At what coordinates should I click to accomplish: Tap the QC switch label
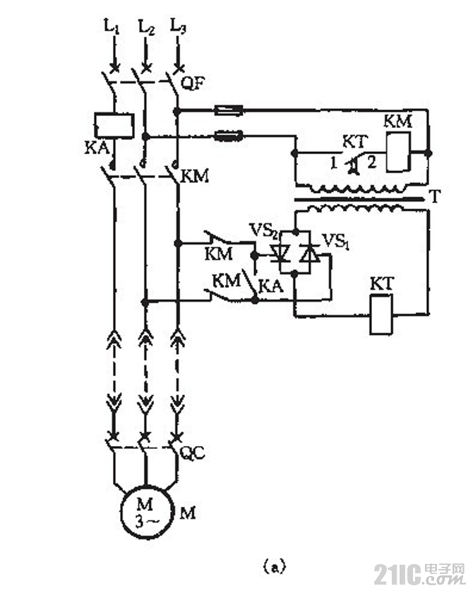(193, 453)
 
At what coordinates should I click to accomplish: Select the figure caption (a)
(273, 565)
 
